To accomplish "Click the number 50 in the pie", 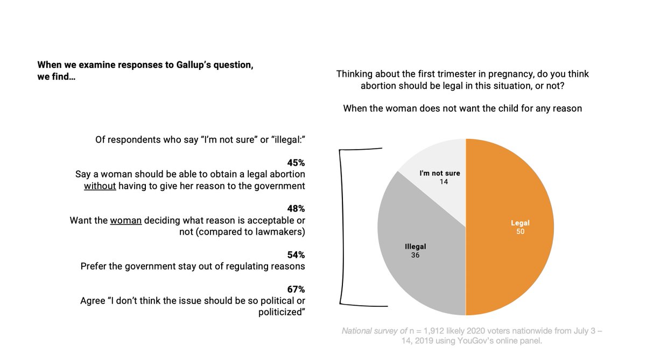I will coord(519,232).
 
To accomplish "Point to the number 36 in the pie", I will coord(415,255).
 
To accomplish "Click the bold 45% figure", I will coord(296,163).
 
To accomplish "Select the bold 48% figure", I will coord(296,209).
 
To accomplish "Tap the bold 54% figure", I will coord(296,255).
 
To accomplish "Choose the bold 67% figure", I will coord(296,289).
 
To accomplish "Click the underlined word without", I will coord(100,186).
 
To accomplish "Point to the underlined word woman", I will coord(125,221).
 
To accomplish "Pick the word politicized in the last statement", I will coord(280,312).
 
